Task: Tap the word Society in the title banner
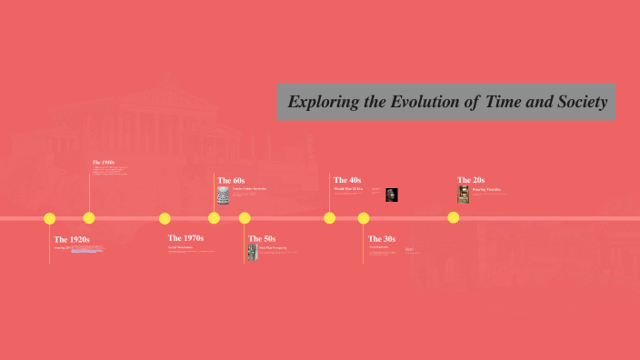pyautogui.click(x=578, y=102)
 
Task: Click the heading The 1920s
pyautogui.click(x=72, y=239)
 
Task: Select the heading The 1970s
pyautogui.click(x=185, y=237)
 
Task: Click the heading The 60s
pyautogui.click(x=231, y=181)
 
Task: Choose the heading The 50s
pyautogui.click(x=262, y=238)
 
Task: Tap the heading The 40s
pyautogui.click(x=347, y=180)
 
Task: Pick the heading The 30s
pyautogui.click(x=382, y=238)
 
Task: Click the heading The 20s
pyautogui.click(x=471, y=180)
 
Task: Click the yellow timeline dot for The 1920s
pyautogui.click(x=50, y=218)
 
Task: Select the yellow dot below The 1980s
pyautogui.click(x=89, y=218)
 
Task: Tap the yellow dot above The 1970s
pyautogui.click(x=165, y=218)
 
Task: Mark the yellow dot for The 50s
pyautogui.click(x=245, y=218)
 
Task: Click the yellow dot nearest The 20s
pyautogui.click(x=453, y=218)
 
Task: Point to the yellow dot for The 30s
pyautogui.click(x=364, y=218)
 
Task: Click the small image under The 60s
pyautogui.click(x=223, y=195)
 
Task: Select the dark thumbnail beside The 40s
pyautogui.click(x=391, y=195)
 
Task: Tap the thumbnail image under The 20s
pyautogui.click(x=464, y=195)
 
